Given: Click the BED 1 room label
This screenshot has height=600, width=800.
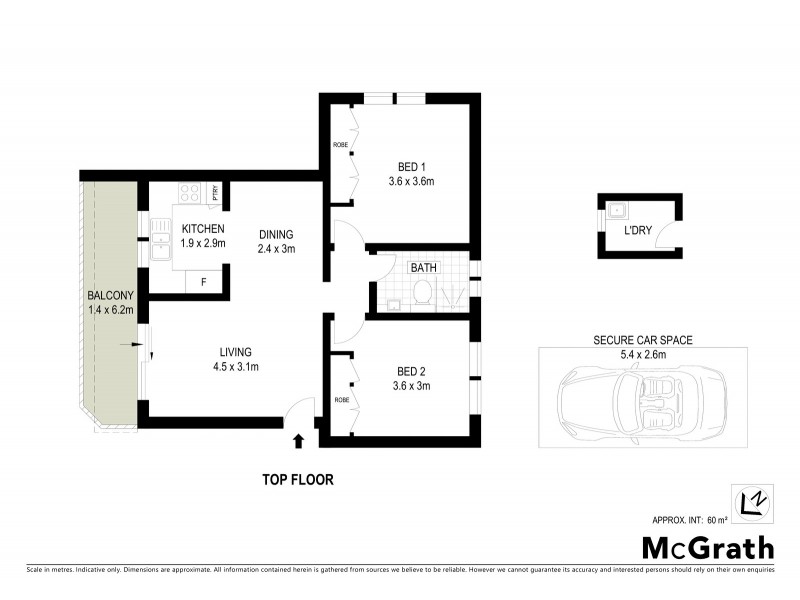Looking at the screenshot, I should click(409, 166).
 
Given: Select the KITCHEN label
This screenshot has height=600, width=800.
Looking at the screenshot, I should click(203, 229).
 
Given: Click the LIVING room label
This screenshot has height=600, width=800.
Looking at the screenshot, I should click(236, 352).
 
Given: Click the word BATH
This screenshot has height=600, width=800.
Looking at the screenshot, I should click(423, 268).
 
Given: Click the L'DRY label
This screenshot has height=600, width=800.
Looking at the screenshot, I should click(638, 231).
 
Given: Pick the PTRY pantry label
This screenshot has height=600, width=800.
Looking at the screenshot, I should click(215, 193).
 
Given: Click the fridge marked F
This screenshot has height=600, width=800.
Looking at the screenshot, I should click(203, 282).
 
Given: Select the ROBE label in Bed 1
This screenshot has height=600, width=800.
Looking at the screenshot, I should click(340, 145).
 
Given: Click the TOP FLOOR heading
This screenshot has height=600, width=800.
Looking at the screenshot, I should click(298, 480).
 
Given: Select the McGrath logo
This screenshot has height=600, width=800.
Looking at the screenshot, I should click(707, 547).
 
